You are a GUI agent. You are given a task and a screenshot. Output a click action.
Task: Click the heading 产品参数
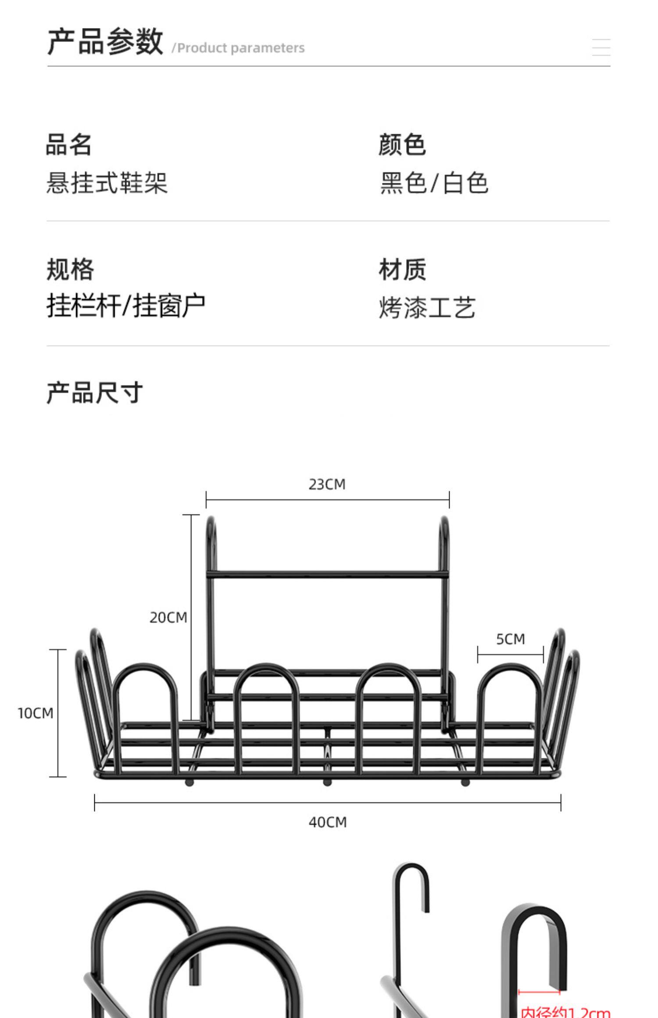105,42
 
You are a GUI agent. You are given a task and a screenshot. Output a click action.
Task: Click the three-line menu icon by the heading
601,47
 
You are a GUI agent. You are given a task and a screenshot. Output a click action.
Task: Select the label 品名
69,145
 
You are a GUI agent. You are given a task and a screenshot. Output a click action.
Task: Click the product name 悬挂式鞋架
107,183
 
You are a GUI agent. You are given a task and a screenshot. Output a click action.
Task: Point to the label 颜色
402,145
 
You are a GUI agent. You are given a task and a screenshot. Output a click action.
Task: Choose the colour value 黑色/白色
434,183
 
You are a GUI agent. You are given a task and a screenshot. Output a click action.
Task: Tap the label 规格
70,269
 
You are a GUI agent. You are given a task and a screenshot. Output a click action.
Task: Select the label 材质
402,269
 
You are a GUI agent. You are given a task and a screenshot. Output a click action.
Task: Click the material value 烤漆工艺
427,307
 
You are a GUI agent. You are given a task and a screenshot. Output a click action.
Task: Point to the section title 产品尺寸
95,392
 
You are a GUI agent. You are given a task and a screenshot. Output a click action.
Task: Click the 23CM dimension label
327,484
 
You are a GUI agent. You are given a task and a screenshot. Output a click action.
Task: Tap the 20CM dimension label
168,618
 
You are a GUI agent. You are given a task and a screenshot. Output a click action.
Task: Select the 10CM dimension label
36,713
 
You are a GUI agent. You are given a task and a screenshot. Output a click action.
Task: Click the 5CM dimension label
511,639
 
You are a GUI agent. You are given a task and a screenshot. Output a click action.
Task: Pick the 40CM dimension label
328,822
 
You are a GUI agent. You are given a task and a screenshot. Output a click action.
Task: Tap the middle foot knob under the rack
327,783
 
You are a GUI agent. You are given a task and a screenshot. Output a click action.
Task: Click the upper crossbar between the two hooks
327,574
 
